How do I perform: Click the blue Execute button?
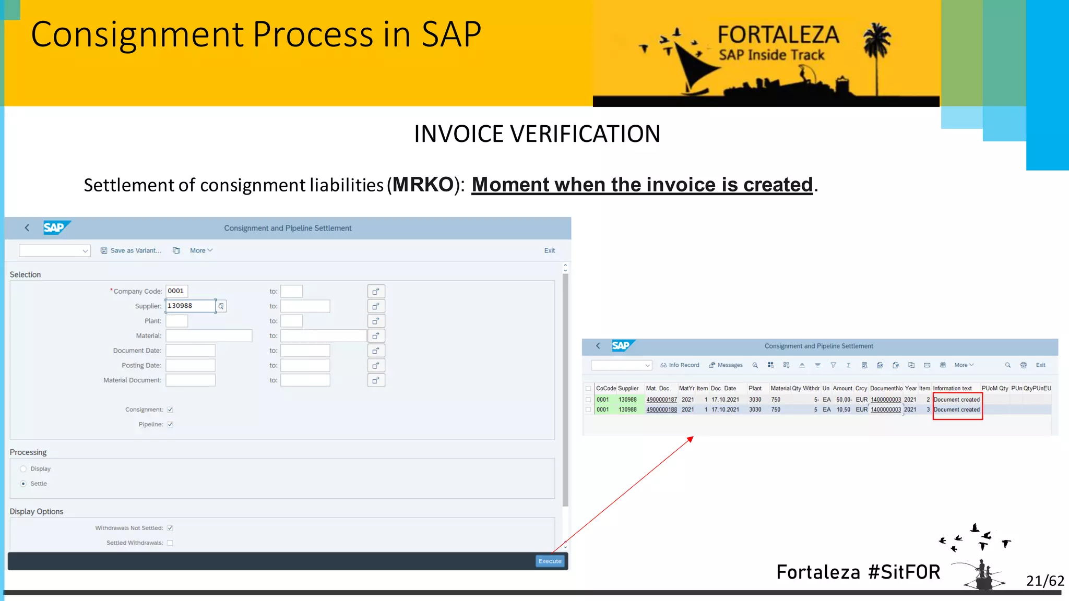coord(550,561)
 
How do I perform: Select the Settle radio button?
coord(23,484)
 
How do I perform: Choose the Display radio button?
coord(23,468)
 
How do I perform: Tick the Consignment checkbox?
coord(170,410)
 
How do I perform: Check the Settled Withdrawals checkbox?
coord(170,543)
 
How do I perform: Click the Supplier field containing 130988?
coord(190,306)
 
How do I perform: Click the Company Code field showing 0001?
coord(176,291)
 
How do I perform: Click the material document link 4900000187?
coord(661,400)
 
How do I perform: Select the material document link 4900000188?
coord(661,410)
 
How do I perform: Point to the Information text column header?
coord(952,388)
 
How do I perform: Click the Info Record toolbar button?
coord(680,365)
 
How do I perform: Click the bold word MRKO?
coord(423,185)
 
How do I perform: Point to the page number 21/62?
coord(1044,581)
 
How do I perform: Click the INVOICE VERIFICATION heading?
coord(537,134)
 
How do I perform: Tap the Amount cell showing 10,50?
coord(843,410)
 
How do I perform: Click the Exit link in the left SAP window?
coord(549,250)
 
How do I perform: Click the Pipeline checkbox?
coord(170,424)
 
